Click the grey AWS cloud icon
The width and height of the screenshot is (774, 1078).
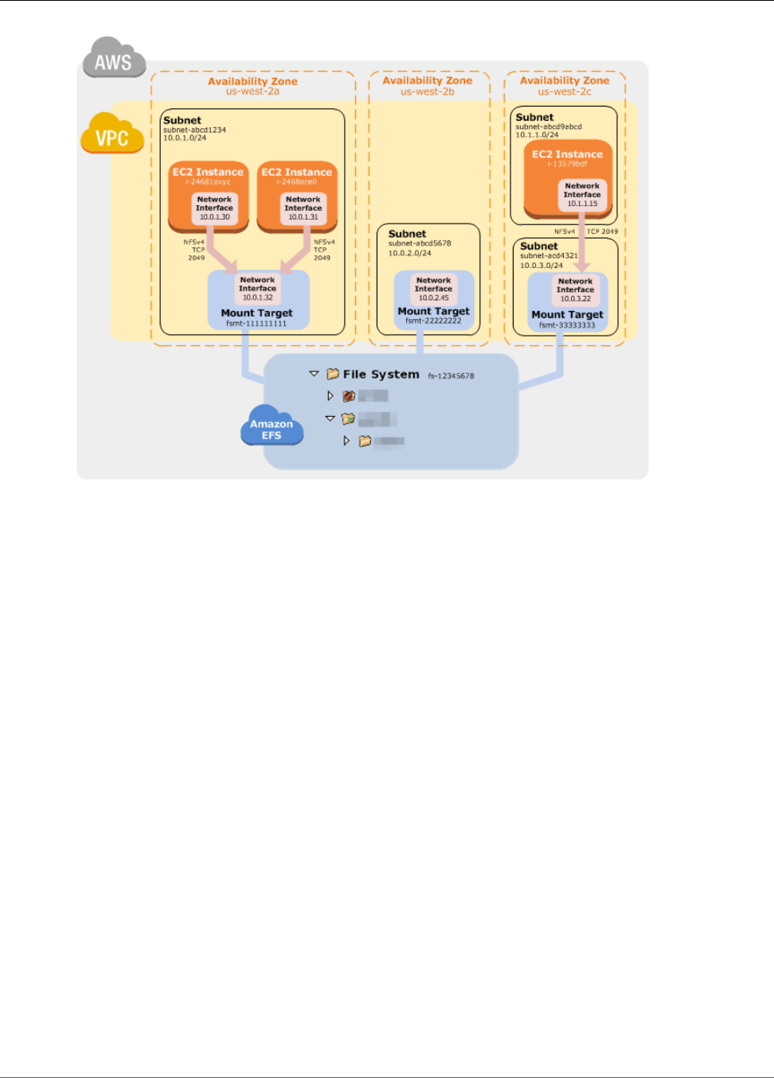114,59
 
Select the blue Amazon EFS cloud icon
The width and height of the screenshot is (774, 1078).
272,426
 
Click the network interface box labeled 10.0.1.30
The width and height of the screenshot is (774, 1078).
214,208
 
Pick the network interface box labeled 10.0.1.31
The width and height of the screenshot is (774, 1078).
303,208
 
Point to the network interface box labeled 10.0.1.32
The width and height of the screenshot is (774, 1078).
257,289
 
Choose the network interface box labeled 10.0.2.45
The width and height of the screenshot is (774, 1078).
434,289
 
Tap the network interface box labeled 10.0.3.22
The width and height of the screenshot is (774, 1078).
575,290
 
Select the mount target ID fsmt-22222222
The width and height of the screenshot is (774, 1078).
433,321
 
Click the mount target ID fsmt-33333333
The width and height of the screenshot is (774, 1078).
567,325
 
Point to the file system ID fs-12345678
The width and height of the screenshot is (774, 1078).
451,376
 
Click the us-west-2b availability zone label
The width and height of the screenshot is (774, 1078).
428,91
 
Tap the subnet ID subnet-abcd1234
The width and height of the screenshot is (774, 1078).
194,130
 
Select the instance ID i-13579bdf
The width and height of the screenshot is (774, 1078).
567,164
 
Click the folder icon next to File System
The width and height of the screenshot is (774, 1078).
333,374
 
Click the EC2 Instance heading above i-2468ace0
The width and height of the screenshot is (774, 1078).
297,172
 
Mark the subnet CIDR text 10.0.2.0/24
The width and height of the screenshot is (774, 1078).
409,253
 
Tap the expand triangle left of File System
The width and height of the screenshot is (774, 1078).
314,373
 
